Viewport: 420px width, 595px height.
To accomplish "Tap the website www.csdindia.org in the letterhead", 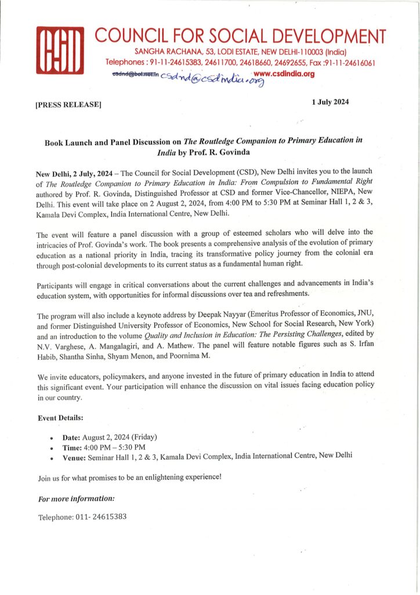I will click(x=284, y=74).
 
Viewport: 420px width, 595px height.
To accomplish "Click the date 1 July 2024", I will click(x=330, y=102).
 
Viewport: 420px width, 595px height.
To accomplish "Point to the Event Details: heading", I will click(x=60, y=418).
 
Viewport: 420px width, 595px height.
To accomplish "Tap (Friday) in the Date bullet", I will click(x=144, y=437).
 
